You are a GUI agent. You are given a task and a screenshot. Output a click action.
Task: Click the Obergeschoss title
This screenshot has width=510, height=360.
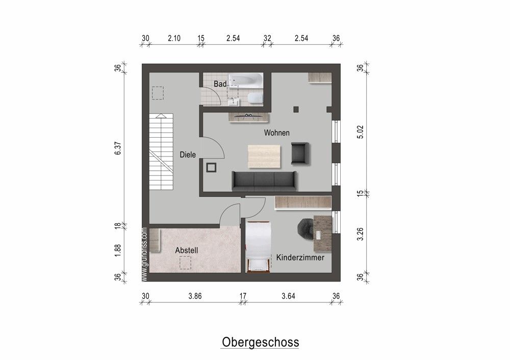(x=260, y=342)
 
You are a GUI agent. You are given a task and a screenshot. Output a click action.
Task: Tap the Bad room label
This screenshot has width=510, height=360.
(x=220, y=84)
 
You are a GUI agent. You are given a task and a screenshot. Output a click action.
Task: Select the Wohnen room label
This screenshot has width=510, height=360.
(x=276, y=133)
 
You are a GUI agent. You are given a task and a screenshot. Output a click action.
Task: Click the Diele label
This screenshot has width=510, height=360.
(x=188, y=155)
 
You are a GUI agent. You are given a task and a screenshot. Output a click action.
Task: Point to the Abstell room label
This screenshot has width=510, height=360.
(x=186, y=250)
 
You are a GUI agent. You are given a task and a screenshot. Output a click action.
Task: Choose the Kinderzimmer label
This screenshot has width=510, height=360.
(x=300, y=258)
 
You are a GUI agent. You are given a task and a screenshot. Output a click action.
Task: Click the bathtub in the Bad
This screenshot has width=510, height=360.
(x=245, y=80)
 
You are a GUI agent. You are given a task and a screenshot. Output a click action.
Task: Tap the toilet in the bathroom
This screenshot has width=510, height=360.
(x=253, y=97)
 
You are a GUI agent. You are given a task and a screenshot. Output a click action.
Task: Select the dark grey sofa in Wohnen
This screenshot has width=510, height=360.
(x=264, y=181)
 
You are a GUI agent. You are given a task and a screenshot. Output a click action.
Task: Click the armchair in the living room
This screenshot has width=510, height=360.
(x=300, y=153)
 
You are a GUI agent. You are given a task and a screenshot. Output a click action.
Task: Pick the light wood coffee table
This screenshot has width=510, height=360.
(x=264, y=156)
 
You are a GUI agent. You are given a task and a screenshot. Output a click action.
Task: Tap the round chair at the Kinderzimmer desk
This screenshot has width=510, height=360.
(x=307, y=228)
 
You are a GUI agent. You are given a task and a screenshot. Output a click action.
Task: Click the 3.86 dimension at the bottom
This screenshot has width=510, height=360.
(x=195, y=296)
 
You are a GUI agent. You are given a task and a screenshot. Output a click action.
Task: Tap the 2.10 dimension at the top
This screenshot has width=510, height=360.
(x=174, y=38)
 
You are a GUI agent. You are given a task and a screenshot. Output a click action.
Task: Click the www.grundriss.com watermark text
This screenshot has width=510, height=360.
(x=145, y=254)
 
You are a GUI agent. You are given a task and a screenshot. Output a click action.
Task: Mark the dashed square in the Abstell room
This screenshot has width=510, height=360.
(x=185, y=263)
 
